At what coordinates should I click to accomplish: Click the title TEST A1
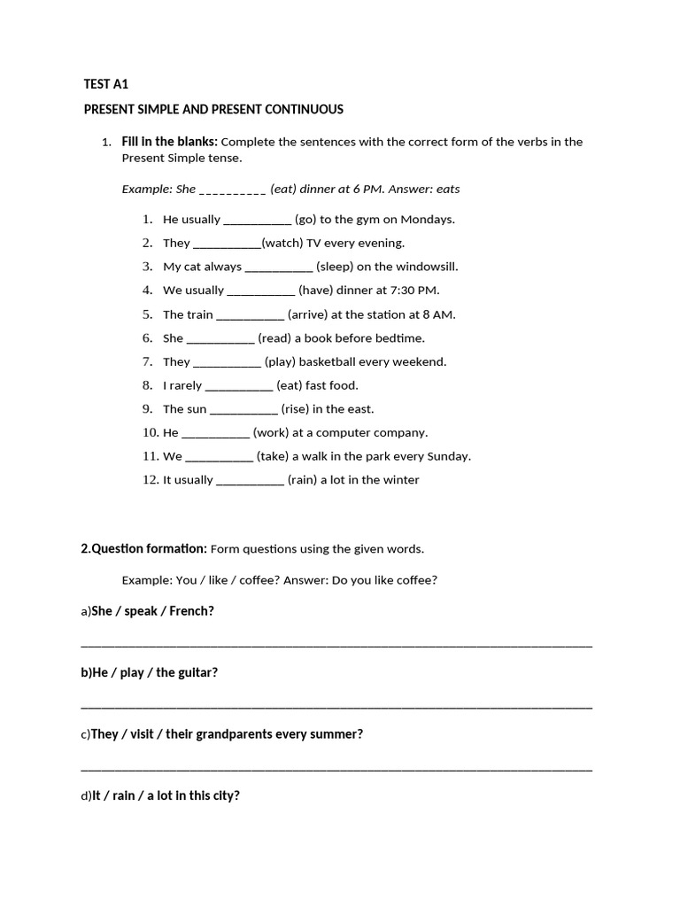point(106,84)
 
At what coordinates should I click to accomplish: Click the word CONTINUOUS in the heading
point(305,109)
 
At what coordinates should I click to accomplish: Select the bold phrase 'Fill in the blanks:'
point(169,142)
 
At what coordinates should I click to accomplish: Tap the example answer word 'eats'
point(447,189)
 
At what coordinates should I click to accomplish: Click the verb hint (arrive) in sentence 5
point(308,314)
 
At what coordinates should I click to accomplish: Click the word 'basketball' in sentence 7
point(333,361)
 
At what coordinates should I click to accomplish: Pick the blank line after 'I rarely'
point(239,385)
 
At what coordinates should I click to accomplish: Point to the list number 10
point(151,433)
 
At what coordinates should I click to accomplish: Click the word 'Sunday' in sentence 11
point(449,456)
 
